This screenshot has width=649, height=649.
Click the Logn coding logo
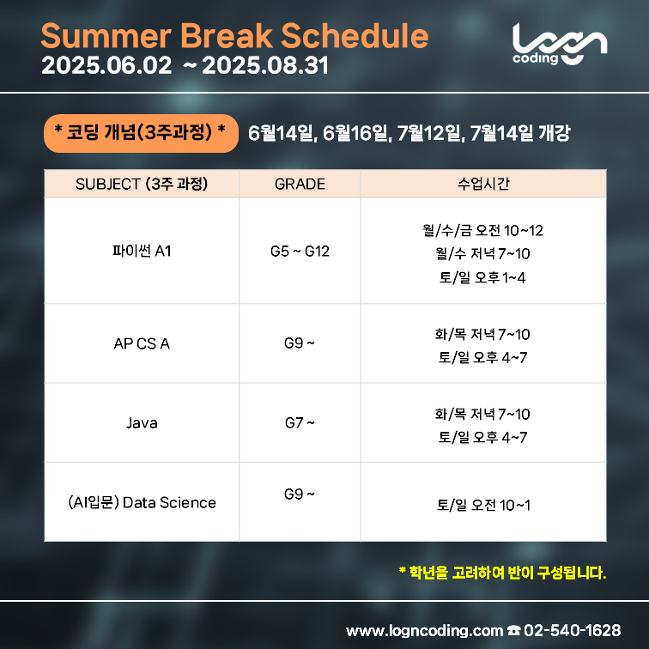click(x=560, y=44)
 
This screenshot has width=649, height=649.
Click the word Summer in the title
click(x=106, y=36)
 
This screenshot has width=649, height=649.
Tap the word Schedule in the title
click(x=355, y=36)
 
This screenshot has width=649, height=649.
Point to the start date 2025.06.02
click(x=106, y=65)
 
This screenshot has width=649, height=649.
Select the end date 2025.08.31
click(x=265, y=65)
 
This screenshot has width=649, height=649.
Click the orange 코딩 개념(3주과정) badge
click(x=141, y=133)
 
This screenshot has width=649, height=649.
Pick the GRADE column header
click(x=300, y=184)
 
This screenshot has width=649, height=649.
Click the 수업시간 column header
click(x=483, y=184)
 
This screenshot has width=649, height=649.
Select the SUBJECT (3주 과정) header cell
click(x=142, y=184)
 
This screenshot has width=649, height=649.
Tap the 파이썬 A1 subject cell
click(x=142, y=251)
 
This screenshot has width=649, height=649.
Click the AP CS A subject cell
click(x=142, y=343)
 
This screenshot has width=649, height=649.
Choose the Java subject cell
click(x=142, y=422)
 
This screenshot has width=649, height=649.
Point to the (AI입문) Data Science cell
click(x=142, y=502)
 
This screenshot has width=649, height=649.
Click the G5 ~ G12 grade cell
click(x=300, y=252)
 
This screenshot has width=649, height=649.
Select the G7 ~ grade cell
click(x=300, y=422)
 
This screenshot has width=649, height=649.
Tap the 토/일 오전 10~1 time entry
click(x=483, y=505)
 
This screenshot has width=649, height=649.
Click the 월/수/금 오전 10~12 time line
click(x=483, y=230)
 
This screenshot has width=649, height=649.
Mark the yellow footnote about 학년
click(x=502, y=573)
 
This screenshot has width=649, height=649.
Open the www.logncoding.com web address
click(x=424, y=631)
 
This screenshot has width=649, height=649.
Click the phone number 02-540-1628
click(x=572, y=630)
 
